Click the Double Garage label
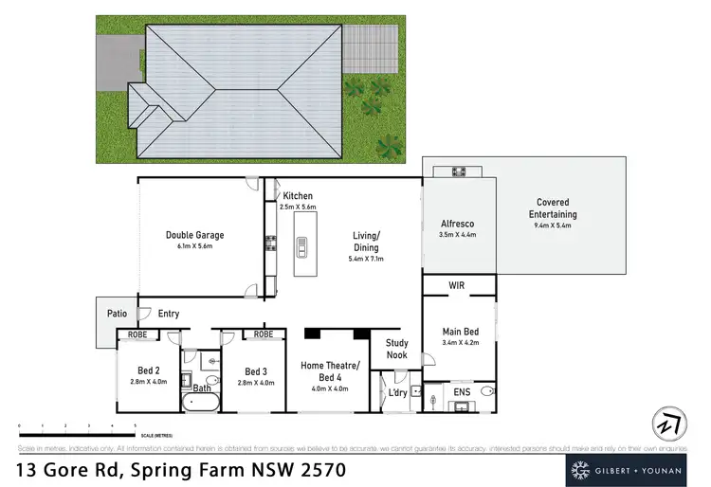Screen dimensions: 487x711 coord(194,235)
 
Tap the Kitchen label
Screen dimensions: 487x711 coord(297,196)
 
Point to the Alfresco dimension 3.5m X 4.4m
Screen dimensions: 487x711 coord(457,234)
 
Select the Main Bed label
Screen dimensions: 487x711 coord(458,332)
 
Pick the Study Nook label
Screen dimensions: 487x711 coord(396,350)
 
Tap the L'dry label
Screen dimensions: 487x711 coord(398,391)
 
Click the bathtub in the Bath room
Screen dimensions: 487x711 coord(201,402)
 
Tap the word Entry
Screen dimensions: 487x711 coord(168,314)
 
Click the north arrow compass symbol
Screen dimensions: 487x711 coord(668,423)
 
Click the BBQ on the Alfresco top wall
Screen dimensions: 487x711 coord(458,171)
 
